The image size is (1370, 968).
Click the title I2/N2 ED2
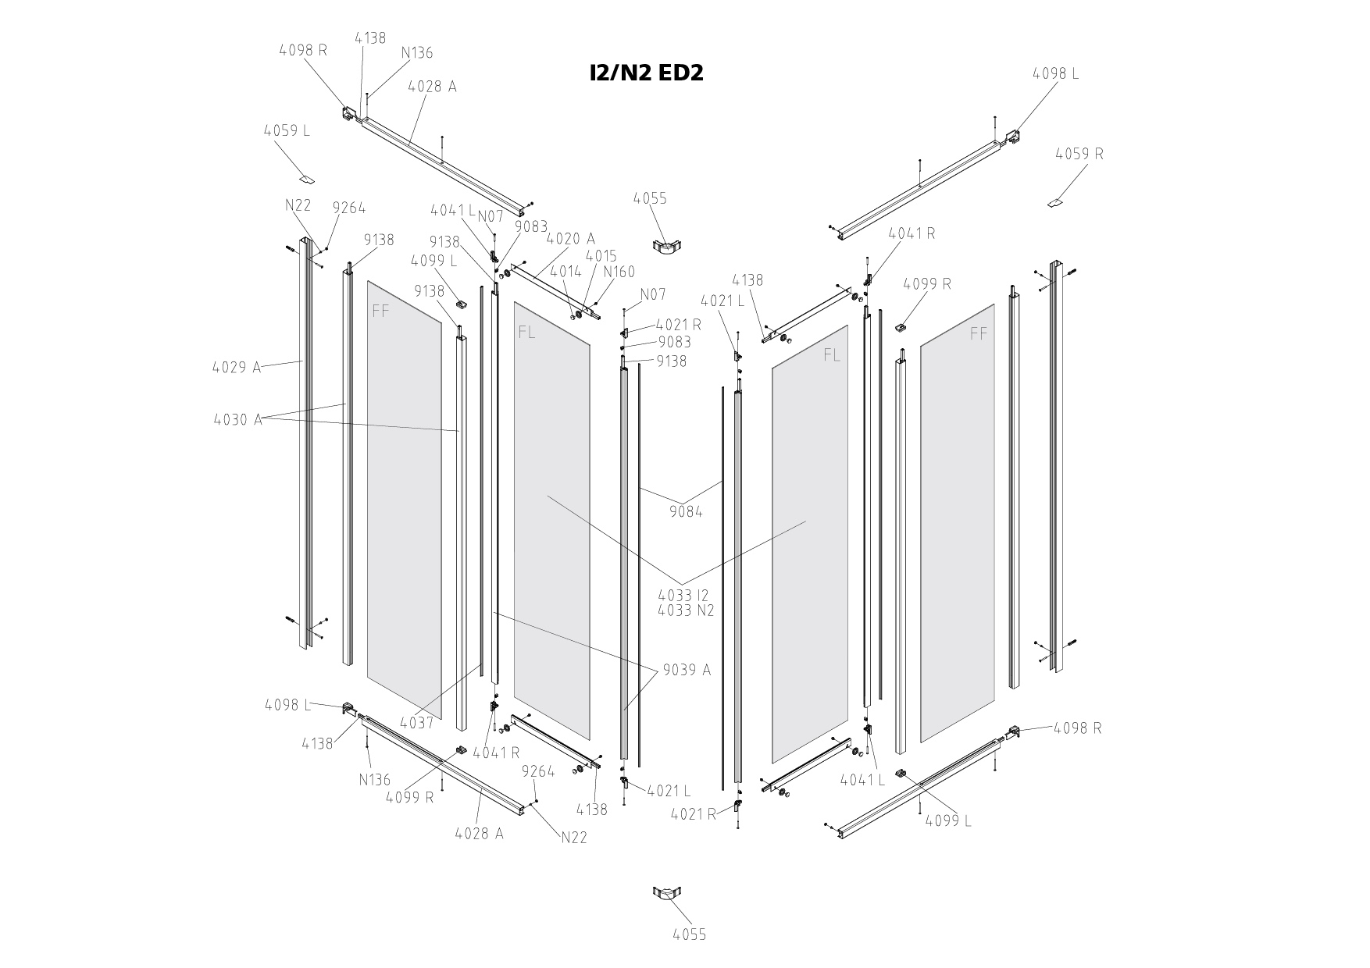[x=647, y=73]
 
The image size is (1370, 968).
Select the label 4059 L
[x=287, y=130]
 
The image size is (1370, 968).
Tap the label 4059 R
[x=1079, y=154]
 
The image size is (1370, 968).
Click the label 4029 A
[x=237, y=367]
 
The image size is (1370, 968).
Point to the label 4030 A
[x=237, y=420]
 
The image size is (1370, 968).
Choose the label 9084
[x=686, y=512]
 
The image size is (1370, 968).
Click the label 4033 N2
[x=686, y=610]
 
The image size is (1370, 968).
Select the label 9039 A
[x=687, y=670]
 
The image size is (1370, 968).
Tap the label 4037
[x=416, y=724]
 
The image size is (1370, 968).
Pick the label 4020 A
[x=570, y=238]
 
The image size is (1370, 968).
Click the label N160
[x=619, y=272]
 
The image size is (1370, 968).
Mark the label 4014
[x=565, y=272]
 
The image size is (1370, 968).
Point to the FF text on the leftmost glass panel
[x=380, y=311]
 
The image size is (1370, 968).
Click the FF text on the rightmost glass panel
[x=978, y=334]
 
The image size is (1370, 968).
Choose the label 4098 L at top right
[x=1055, y=73]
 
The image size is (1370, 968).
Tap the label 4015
[x=601, y=256]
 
